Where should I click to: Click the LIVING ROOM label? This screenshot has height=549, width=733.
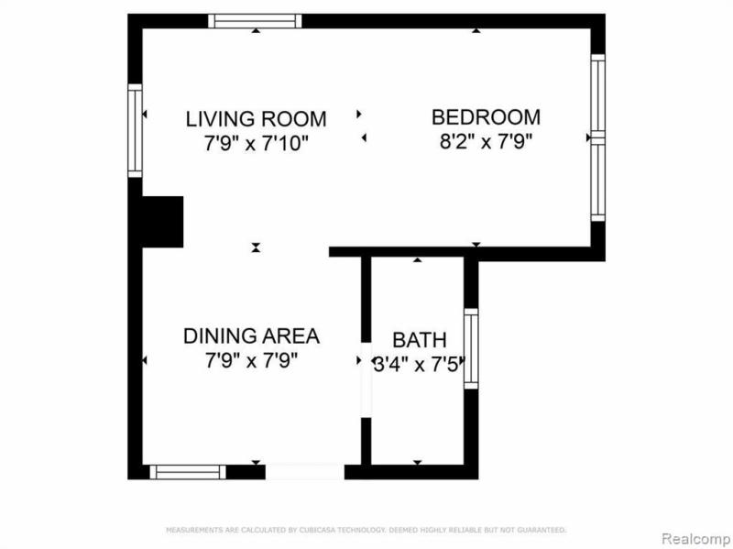[256, 118]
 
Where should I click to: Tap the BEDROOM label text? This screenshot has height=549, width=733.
[486, 117]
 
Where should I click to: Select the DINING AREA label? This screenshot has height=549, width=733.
[251, 335]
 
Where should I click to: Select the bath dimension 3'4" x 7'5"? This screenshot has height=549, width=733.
[418, 361]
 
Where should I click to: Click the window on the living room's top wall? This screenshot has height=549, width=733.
[254, 21]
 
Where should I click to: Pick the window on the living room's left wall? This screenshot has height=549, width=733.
[136, 130]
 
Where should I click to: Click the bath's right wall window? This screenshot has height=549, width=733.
[471, 348]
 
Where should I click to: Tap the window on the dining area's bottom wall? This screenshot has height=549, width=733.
[187, 472]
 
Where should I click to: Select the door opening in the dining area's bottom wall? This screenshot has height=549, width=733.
[304, 472]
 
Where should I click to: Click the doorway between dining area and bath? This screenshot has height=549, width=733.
[366, 381]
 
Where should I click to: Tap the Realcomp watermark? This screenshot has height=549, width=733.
[695, 536]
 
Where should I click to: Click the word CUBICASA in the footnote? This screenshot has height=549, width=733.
[270, 530]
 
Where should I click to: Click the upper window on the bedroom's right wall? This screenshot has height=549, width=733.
[597, 95]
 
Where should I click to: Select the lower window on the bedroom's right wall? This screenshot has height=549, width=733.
[597, 180]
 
